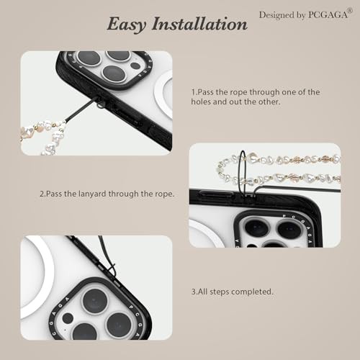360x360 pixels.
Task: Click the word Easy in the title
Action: (x=127, y=24)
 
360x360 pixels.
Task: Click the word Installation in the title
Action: (x=199, y=24)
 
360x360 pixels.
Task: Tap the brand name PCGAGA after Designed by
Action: (x=328, y=15)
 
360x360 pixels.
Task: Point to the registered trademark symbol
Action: (x=350, y=11)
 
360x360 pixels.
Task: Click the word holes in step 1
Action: (x=201, y=102)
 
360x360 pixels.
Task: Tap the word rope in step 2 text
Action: (x=164, y=194)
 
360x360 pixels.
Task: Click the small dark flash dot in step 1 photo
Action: (x=135, y=66)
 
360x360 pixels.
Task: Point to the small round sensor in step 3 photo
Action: (x=68, y=318)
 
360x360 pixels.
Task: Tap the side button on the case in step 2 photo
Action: (x=214, y=194)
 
